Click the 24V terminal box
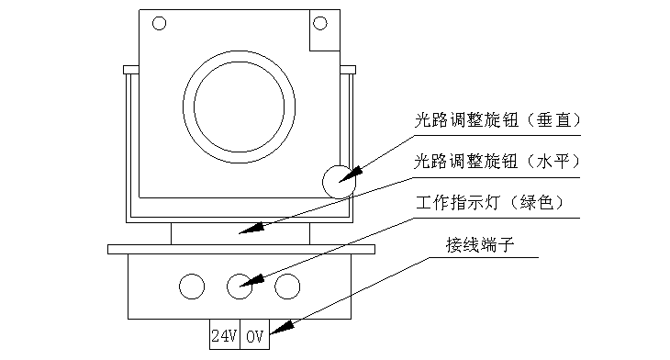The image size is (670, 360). [225, 334]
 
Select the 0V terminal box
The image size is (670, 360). [254, 334]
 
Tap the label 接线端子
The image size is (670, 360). [480, 245]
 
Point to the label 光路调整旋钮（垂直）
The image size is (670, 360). [497, 120]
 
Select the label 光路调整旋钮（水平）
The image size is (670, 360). [497, 162]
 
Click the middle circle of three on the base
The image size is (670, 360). [240, 287]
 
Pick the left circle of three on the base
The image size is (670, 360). [192, 287]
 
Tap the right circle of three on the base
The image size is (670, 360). [287, 287]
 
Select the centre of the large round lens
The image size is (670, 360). [239, 107]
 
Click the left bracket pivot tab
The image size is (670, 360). [131, 70]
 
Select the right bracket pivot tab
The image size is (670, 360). [348, 70]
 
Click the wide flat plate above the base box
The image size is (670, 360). [241, 249]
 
